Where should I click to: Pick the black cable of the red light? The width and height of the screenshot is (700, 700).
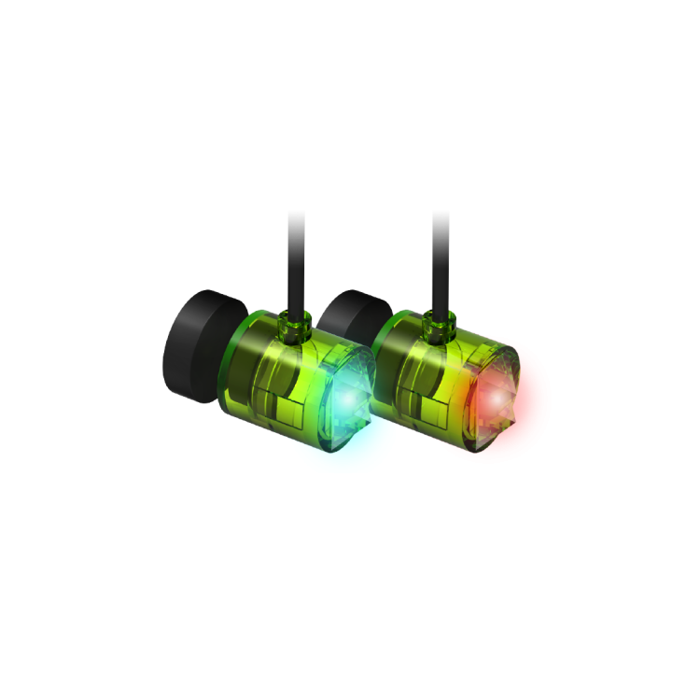(x=441, y=261)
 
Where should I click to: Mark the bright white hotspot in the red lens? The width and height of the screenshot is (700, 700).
(x=492, y=398)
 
